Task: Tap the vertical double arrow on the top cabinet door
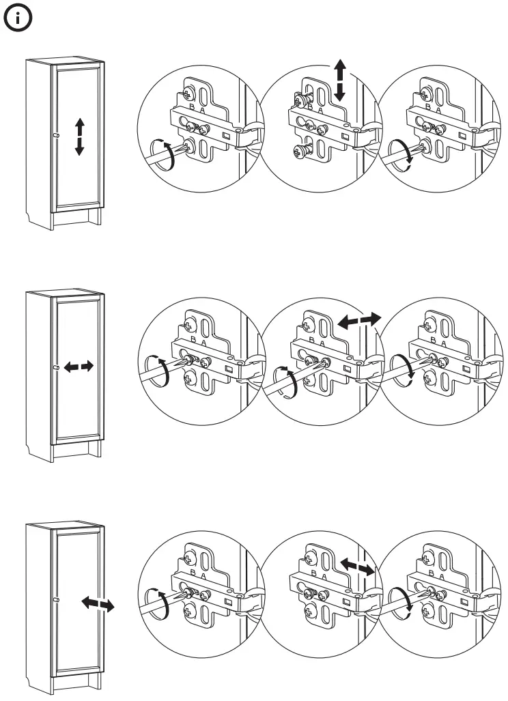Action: (79, 136)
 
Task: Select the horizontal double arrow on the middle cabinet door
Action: (79, 367)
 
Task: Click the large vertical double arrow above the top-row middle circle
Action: (340, 81)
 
